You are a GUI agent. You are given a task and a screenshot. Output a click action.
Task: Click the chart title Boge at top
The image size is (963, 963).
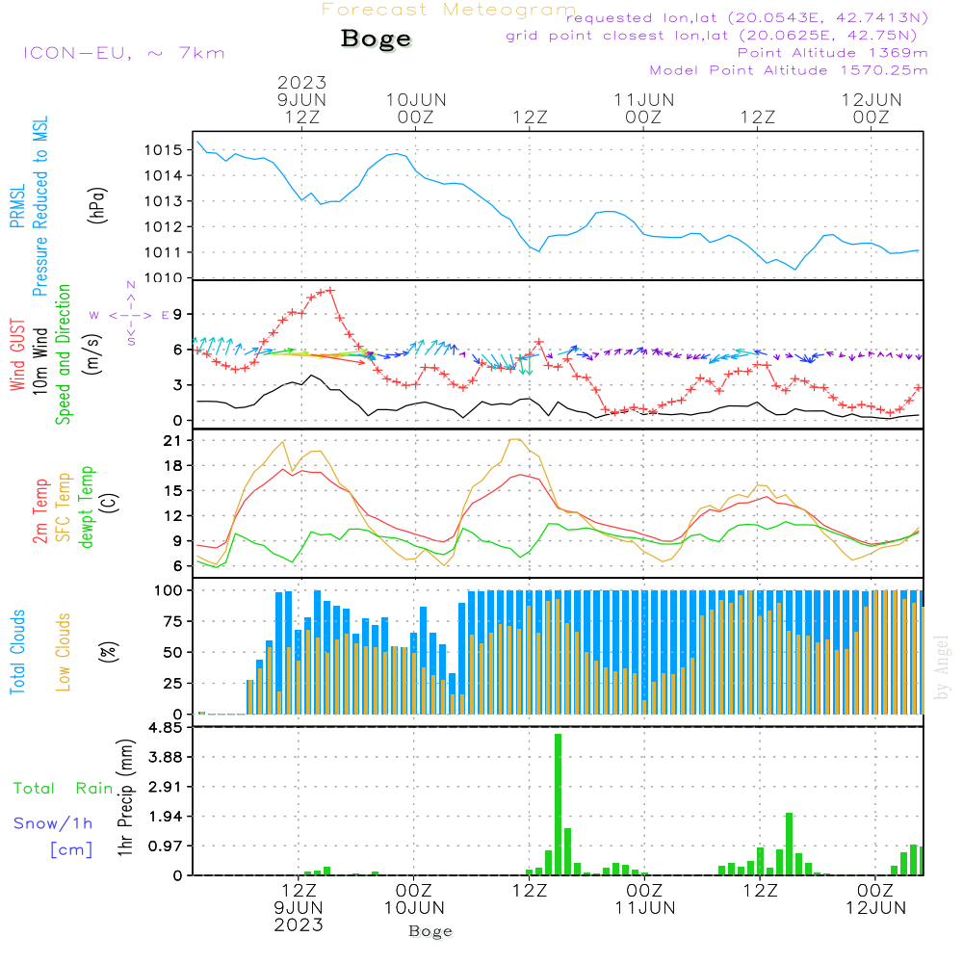(x=376, y=39)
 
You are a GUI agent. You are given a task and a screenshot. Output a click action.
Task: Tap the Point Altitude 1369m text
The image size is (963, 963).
(x=832, y=52)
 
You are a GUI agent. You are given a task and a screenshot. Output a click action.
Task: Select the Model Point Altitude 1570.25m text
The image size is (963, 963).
(x=789, y=70)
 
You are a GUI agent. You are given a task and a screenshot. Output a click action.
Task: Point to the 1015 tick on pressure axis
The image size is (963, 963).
(x=165, y=150)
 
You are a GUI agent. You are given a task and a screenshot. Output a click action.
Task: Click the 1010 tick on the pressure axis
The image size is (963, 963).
(x=165, y=278)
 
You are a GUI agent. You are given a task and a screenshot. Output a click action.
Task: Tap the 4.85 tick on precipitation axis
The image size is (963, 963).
(x=169, y=728)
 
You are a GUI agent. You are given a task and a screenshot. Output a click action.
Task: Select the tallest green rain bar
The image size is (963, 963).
(x=558, y=804)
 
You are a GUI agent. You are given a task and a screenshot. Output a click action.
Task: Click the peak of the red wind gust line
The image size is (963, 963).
(x=330, y=290)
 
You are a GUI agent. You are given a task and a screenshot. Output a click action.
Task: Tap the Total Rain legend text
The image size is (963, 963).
(x=64, y=789)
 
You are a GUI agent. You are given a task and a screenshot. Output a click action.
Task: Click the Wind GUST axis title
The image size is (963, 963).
(x=18, y=355)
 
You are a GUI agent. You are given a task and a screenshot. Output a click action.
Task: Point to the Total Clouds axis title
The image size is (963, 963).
(x=18, y=652)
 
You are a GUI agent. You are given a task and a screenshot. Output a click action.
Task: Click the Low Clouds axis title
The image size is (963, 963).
(x=64, y=651)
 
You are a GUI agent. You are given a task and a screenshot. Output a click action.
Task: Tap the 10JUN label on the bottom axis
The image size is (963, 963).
(x=414, y=907)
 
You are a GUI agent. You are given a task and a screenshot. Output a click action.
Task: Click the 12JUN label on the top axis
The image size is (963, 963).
(x=872, y=100)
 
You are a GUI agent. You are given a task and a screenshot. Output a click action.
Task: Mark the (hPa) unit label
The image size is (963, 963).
(x=96, y=204)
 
